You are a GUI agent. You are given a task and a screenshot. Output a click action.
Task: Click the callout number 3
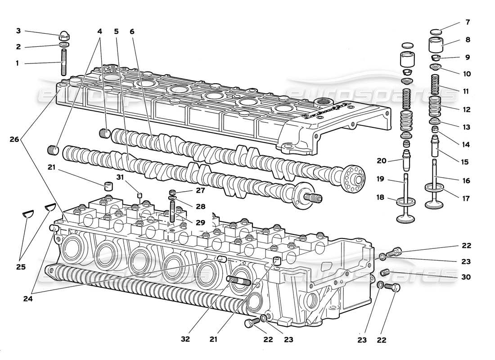[18, 31]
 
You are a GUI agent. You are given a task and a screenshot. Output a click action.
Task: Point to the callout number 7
[468, 22]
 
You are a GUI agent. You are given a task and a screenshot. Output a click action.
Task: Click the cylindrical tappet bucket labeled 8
[436, 45]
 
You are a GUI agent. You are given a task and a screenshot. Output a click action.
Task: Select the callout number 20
[382, 161]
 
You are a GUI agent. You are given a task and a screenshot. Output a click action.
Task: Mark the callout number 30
[466, 277]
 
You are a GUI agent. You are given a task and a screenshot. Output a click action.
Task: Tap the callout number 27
[200, 190]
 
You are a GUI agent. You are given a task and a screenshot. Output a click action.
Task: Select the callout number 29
[200, 223]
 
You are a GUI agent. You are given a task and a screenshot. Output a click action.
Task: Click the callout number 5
[117, 31]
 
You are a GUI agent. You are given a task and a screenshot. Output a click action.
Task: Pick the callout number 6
[132, 31]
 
